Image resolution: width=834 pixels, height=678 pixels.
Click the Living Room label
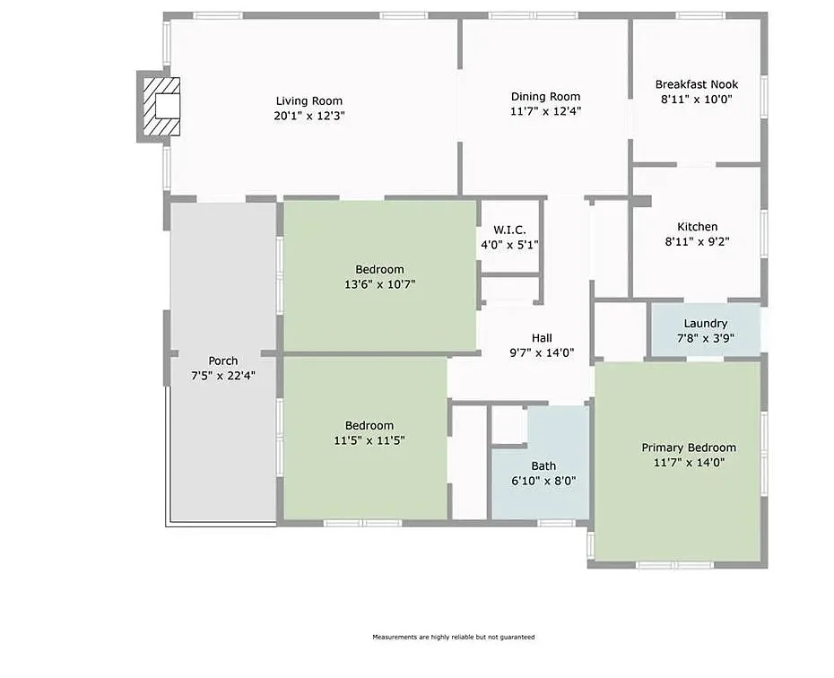pyautogui.click(x=309, y=101)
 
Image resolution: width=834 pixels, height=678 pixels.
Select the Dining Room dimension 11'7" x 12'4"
pyautogui.click(x=546, y=111)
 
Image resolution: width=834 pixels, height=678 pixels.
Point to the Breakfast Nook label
pyautogui.click(x=697, y=84)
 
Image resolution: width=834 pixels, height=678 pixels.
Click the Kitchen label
pyautogui.click(x=698, y=227)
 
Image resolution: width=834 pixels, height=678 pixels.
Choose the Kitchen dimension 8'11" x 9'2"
pyautogui.click(x=698, y=241)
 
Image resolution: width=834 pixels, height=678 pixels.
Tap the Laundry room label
pyautogui.click(x=706, y=324)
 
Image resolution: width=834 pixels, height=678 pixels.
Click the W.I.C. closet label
pyautogui.click(x=509, y=230)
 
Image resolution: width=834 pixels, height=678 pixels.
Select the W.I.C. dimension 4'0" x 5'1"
pyautogui.click(x=509, y=245)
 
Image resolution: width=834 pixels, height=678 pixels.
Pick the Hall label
pyautogui.click(x=542, y=338)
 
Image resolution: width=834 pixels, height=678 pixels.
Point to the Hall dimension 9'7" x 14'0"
pyautogui.click(x=542, y=352)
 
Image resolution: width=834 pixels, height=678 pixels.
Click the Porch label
pyautogui.click(x=223, y=361)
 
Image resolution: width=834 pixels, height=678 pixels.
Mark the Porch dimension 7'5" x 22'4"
pyautogui.click(x=223, y=376)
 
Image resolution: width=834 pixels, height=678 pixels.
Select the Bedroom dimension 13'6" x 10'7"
pyautogui.click(x=379, y=284)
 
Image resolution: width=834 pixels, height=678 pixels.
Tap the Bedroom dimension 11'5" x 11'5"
pyautogui.click(x=369, y=440)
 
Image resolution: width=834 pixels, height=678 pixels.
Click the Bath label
pyautogui.click(x=543, y=465)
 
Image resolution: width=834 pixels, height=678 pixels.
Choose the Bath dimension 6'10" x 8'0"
pyautogui.click(x=543, y=481)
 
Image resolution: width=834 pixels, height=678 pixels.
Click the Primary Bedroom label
pyautogui.click(x=689, y=448)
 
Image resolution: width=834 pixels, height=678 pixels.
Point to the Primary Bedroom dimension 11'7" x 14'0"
pyautogui.click(x=689, y=463)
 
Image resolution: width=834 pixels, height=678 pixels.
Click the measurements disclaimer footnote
pyautogui.click(x=454, y=637)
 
